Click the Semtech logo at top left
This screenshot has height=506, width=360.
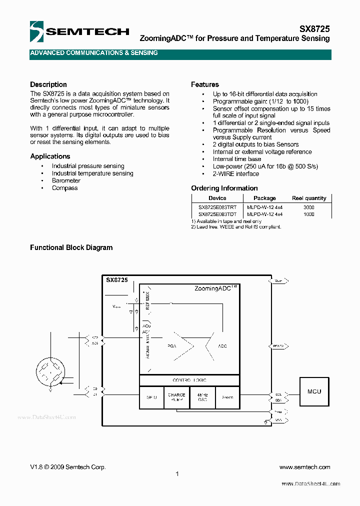(79, 31)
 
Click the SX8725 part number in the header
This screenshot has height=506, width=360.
(314, 29)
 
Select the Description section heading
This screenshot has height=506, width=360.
(48, 84)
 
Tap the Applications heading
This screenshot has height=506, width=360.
(50, 156)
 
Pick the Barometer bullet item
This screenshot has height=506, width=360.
(66, 180)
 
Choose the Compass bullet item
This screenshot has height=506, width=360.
(65, 188)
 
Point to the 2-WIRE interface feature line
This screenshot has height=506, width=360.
(236, 173)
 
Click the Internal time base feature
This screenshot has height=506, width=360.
(237, 159)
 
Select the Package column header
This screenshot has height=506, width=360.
(264, 198)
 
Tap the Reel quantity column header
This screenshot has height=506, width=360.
(308, 198)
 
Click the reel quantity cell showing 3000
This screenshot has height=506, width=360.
(308, 206)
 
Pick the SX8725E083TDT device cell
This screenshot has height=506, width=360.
(217, 214)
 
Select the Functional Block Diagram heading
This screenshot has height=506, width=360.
(71, 247)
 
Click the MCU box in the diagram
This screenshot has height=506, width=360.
(314, 391)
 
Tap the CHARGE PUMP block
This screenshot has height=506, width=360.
(176, 397)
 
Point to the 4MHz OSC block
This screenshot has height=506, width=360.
(202, 397)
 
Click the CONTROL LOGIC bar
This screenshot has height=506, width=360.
(189, 380)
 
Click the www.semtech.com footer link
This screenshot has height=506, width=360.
(304, 467)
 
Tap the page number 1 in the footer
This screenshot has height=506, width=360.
(177, 474)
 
